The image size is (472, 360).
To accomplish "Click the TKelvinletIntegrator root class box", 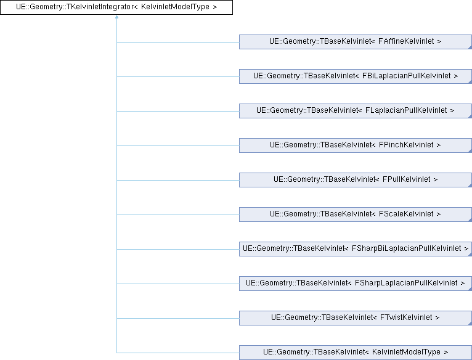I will click(x=116, y=7).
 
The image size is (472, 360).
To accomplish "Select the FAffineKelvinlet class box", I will click(x=355, y=42).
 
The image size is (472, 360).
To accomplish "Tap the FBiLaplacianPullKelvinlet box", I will click(x=355, y=76).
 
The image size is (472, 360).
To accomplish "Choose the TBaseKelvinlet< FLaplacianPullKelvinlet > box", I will click(x=355, y=111).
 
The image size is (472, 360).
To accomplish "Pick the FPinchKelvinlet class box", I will click(x=355, y=145).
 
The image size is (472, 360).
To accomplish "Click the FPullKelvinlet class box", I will click(x=355, y=180).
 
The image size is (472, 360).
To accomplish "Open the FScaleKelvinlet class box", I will click(x=355, y=215).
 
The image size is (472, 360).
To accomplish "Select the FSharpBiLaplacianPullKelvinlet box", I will click(x=355, y=249).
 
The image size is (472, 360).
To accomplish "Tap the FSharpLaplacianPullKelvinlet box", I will click(x=355, y=284).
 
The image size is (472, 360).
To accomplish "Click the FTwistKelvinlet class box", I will click(x=355, y=318).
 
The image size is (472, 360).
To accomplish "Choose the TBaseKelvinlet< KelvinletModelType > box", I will click(x=355, y=353).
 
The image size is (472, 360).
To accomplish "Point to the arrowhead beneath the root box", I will click(x=116, y=18).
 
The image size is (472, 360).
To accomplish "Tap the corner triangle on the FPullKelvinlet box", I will click(x=469, y=186).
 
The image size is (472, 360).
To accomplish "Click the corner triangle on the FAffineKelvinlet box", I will click(x=469, y=47).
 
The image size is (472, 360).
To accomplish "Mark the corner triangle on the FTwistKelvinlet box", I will click(x=469, y=324).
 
